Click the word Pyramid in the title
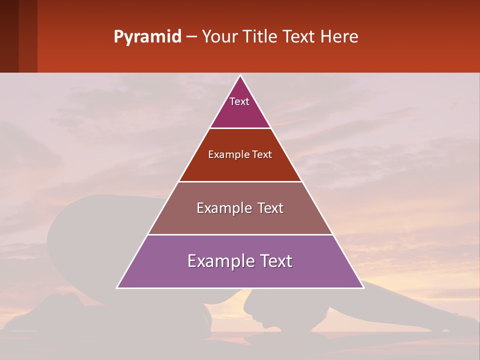coord(147,37)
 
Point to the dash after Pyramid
coord(191,37)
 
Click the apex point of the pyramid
coord(240,76)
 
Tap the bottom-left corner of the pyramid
coord(117,287)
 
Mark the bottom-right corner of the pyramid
coord(363,287)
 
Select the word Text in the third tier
coord(268,208)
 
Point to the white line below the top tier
coord(240,128)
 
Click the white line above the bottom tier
coord(240,234)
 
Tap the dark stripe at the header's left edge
coord(9,36)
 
